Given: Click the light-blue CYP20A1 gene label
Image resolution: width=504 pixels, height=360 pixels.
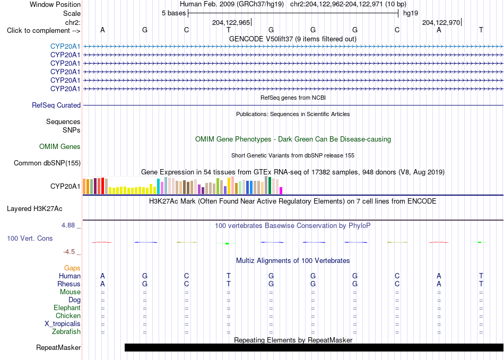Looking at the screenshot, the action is (65, 47).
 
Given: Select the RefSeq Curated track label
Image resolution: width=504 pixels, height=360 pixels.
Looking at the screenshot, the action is (56, 106).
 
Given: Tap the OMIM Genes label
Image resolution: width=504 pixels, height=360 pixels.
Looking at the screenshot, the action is (60, 147).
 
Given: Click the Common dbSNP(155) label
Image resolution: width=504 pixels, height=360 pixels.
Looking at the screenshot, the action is (47, 163).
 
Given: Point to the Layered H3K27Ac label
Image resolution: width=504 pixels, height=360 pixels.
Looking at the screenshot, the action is (34, 209).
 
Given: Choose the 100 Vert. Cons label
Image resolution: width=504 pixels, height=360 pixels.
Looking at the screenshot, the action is (30, 238).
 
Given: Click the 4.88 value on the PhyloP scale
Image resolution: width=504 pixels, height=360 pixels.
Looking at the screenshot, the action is (68, 225).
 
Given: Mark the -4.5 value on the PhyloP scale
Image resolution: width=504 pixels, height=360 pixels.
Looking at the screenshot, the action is (69, 252).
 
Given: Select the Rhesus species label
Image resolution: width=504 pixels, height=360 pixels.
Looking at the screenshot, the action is (69, 284).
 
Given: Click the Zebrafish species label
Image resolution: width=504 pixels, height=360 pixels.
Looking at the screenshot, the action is (66, 332).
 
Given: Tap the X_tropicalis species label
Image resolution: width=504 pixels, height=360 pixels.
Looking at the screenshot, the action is (63, 324).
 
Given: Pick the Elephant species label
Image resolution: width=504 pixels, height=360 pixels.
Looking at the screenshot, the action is (67, 308).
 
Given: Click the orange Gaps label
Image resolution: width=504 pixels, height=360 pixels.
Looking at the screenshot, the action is (72, 268).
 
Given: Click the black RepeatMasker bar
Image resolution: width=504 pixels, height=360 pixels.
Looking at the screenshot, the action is (314, 347).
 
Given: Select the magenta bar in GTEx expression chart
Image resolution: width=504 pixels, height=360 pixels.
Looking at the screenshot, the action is (281, 190).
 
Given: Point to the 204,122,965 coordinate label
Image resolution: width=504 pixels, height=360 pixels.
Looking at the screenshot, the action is (231, 23).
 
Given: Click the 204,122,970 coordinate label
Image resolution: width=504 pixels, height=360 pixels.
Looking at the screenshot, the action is (441, 23).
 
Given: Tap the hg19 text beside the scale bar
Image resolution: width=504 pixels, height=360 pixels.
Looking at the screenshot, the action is (411, 13).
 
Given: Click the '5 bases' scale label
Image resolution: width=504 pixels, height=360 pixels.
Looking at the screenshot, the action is (173, 13).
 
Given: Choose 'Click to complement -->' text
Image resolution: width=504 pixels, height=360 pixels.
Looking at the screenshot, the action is (44, 31).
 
